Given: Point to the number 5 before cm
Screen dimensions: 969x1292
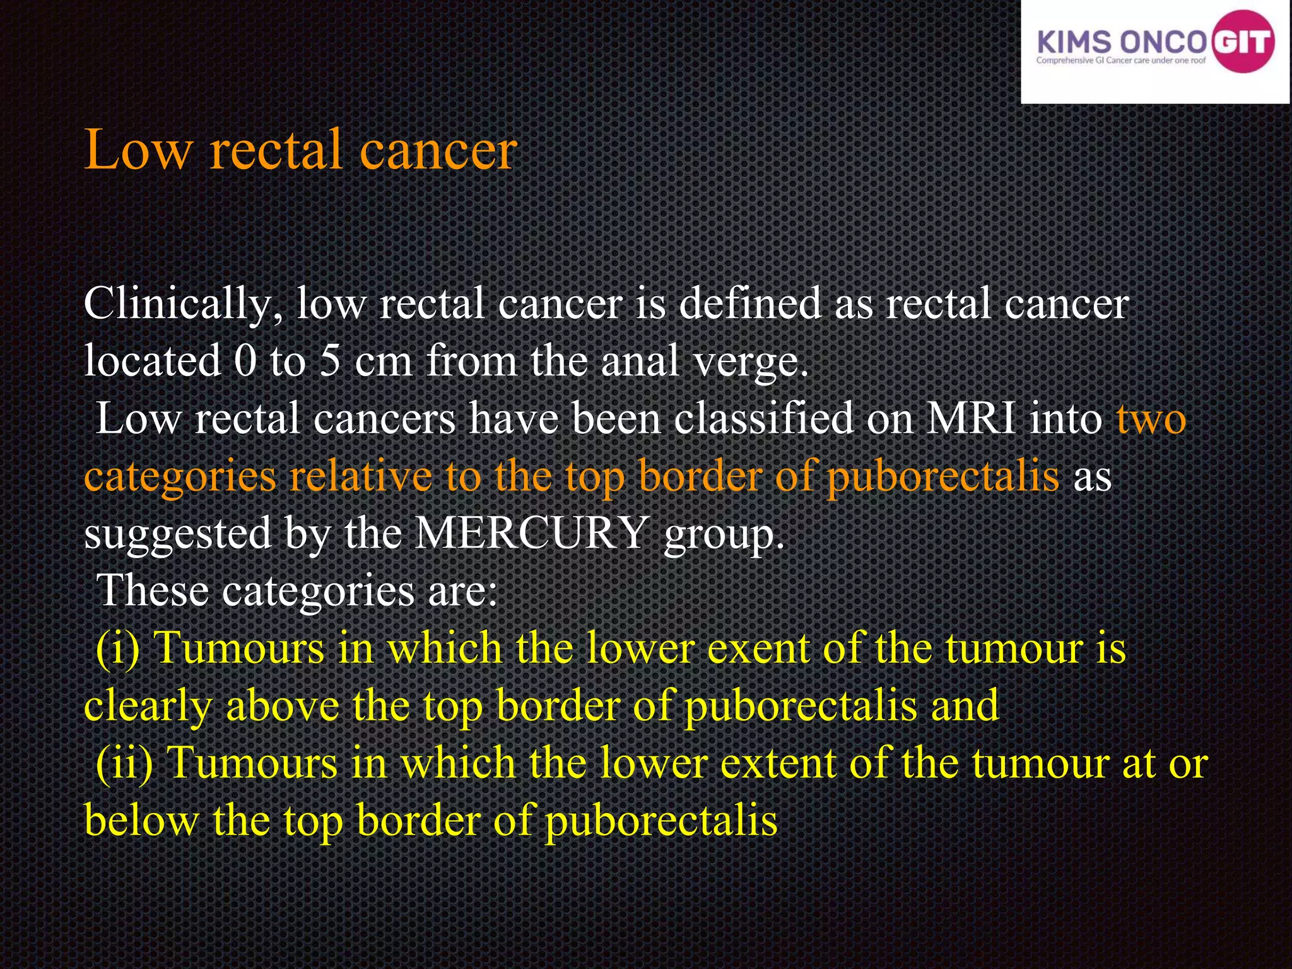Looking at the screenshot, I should click(x=330, y=361).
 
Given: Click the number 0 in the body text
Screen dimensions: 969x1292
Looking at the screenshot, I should click(x=245, y=361).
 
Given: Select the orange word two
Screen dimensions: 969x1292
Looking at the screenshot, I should click(x=1151, y=420).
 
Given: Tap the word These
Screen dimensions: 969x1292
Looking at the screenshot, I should click(x=152, y=590).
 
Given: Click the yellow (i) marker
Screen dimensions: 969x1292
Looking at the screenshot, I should click(x=117, y=649).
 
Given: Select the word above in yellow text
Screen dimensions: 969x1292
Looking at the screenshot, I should click(x=282, y=705).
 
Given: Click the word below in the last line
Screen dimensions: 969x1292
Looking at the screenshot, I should click(x=141, y=821).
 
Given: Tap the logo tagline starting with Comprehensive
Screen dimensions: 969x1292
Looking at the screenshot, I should click(x=1120, y=61).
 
